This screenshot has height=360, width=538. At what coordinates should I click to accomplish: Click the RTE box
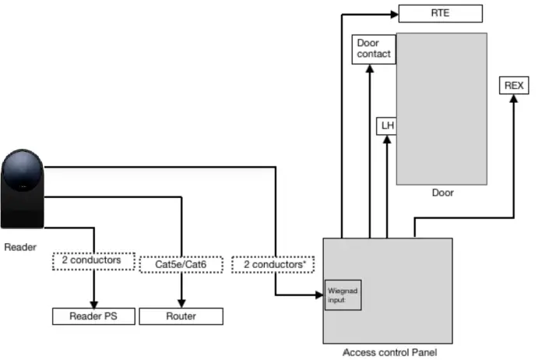(x=440, y=13)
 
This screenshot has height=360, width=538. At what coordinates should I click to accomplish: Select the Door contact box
(x=373, y=50)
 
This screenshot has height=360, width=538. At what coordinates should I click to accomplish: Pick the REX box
(x=513, y=86)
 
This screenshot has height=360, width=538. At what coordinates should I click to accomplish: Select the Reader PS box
(x=93, y=316)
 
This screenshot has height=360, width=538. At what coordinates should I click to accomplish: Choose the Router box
(x=181, y=316)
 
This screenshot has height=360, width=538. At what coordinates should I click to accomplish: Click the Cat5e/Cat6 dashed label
(x=181, y=265)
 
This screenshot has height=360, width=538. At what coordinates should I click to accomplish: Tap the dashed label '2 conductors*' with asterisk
(x=273, y=265)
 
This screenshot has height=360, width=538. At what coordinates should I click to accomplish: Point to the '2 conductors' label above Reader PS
(x=92, y=260)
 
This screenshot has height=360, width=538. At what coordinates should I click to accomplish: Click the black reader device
(x=23, y=180)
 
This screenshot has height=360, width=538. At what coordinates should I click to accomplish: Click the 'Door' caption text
(x=442, y=193)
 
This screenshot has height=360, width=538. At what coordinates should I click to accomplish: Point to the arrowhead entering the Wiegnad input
(x=319, y=295)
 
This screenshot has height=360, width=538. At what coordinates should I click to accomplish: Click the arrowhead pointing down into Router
(x=181, y=303)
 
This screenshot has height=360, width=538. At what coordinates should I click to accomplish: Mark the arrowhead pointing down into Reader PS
(x=93, y=303)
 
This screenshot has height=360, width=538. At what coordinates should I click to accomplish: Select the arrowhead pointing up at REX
(x=513, y=99)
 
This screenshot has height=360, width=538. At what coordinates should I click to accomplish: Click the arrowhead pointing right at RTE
(x=392, y=13)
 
